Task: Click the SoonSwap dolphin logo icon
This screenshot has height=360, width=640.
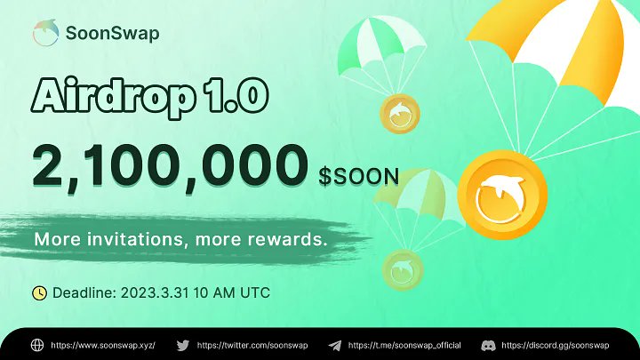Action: [x=44, y=34]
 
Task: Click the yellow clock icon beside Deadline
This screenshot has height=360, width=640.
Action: [x=39, y=292]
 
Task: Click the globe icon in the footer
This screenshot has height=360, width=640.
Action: [x=36, y=344]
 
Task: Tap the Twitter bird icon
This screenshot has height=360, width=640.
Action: [x=182, y=344]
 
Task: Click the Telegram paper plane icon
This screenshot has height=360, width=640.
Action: [x=334, y=344]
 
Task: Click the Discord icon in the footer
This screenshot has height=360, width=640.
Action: [x=488, y=344]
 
